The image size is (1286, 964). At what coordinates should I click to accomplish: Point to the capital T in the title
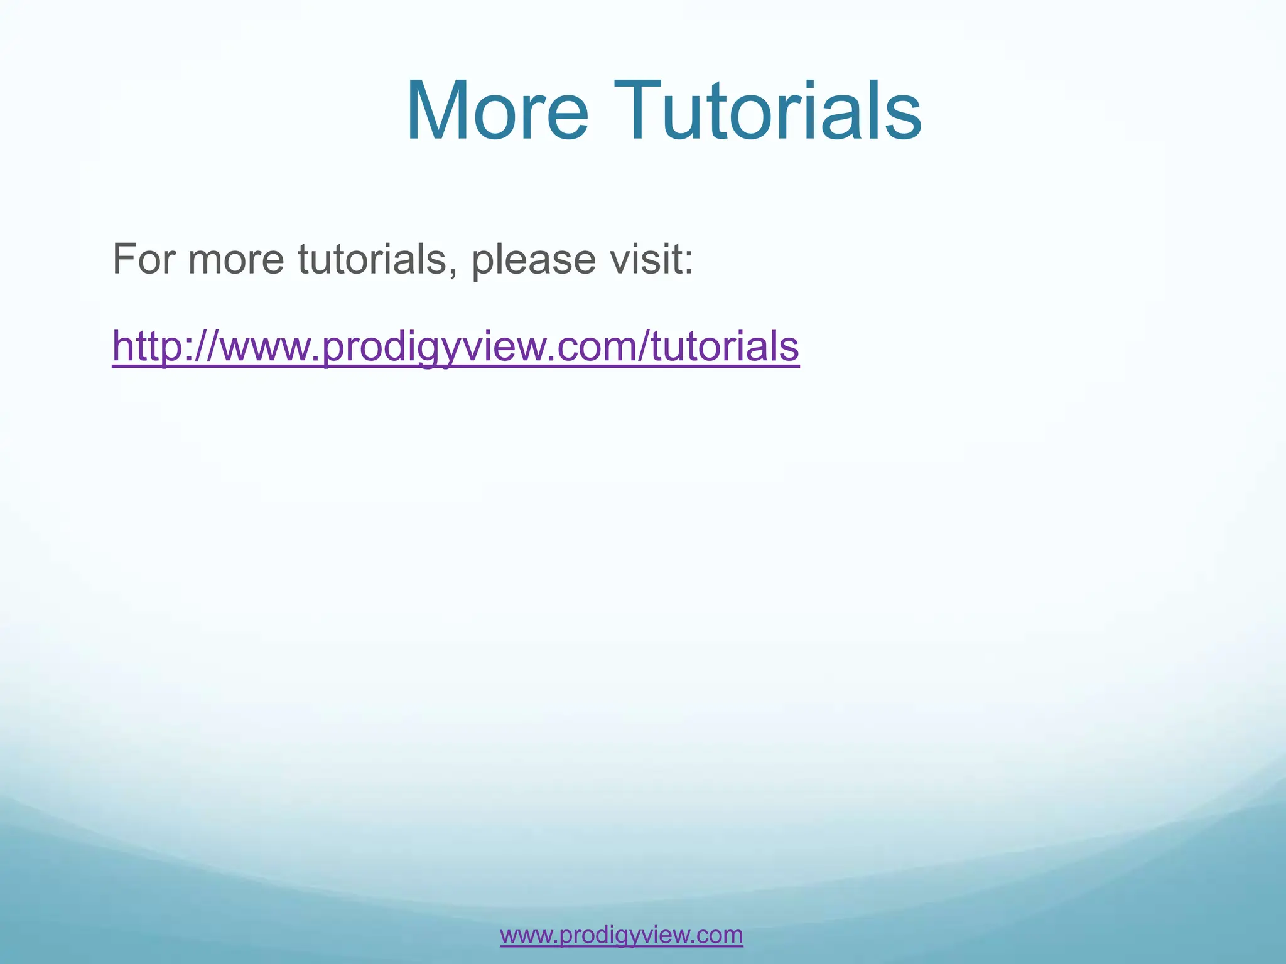pyautogui.click(x=640, y=112)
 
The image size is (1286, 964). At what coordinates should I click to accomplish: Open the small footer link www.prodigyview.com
pyautogui.click(x=621, y=935)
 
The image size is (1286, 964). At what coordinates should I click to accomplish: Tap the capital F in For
pyautogui.click(x=123, y=259)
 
